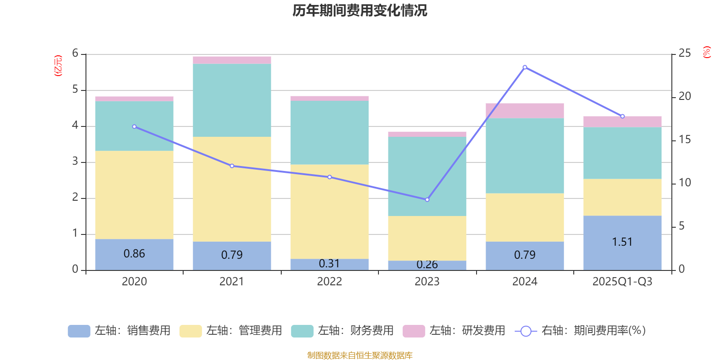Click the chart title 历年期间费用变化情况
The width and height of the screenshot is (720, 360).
(x=360, y=10)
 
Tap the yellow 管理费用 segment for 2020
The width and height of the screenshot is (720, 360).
(x=134, y=194)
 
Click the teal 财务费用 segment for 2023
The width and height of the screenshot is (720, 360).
(x=427, y=176)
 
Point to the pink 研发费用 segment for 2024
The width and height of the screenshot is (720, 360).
(x=525, y=111)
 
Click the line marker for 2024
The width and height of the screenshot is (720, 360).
(x=525, y=67)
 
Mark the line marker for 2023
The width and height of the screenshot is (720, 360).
(x=427, y=199)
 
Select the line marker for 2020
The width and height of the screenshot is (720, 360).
(x=134, y=126)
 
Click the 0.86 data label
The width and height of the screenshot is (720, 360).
(x=134, y=254)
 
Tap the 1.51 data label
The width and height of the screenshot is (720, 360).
(x=622, y=242)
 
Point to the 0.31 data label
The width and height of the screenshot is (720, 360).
(x=329, y=264)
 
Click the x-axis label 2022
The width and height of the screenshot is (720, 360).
(x=329, y=282)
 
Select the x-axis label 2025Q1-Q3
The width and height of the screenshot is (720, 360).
(x=622, y=282)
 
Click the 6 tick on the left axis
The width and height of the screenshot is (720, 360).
(x=75, y=54)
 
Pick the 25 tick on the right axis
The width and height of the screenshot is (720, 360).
(x=684, y=54)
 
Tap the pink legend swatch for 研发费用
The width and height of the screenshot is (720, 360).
(x=414, y=331)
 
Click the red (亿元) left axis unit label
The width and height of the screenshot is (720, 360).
(x=58, y=66)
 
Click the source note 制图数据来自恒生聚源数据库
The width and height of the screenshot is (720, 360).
(x=360, y=355)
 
